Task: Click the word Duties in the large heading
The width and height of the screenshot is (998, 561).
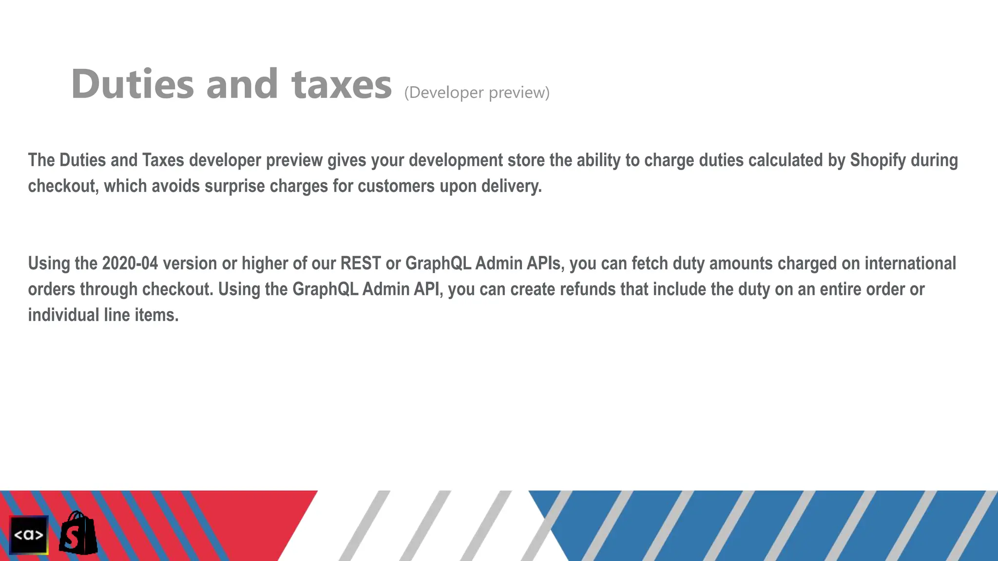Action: click(x=133, y=84)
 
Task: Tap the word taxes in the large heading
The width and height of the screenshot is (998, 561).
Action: click(x=342, y=84)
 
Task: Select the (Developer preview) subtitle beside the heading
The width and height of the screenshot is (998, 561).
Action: click(x=477, y=93)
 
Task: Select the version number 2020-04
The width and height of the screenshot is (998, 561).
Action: click(x=130, y=263)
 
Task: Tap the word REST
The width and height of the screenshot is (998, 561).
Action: click(x=361, y=263)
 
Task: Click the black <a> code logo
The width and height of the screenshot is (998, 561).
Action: click(x=29, y=535)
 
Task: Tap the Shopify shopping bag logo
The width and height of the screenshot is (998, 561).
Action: click(x=78, y=534)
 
